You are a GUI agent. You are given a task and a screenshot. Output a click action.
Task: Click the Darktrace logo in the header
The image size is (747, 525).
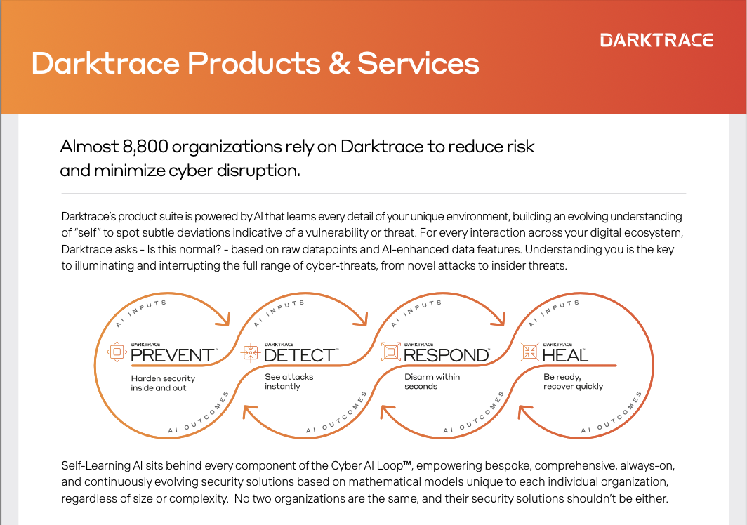coord(656,40)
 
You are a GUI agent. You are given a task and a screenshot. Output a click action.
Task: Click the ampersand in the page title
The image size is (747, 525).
coord(336,64)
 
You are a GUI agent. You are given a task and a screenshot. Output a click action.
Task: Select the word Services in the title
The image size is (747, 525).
coord(418,64)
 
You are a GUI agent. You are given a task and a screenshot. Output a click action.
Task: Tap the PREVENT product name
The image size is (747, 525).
coord(172,355)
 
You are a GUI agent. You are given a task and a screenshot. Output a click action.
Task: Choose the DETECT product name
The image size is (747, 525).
coord(300,355)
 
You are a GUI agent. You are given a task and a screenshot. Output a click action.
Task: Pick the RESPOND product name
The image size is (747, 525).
coord(446,355)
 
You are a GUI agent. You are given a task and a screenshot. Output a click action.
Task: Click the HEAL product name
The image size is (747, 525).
coord(565,355)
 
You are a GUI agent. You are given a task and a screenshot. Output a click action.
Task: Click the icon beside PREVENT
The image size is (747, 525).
coord(115,352)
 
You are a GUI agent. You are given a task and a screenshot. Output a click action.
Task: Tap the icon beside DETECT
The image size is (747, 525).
coord(251,352)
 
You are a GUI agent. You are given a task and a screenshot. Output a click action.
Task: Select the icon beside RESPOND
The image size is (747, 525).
coord(390,352)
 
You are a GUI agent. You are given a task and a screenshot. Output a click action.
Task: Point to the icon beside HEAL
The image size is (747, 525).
coord(529,352)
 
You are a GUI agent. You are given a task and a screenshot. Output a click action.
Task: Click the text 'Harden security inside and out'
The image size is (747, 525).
coord(163,383)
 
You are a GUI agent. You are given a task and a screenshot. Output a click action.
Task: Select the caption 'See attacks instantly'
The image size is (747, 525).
coord(289,382)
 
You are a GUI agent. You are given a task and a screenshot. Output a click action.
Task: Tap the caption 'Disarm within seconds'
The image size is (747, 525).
coord(432,382)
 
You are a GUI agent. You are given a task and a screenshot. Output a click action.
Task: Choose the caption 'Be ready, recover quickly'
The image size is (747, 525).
coord(573,382)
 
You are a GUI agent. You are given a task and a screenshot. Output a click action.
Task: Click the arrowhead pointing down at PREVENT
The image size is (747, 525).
coord(225,321)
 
